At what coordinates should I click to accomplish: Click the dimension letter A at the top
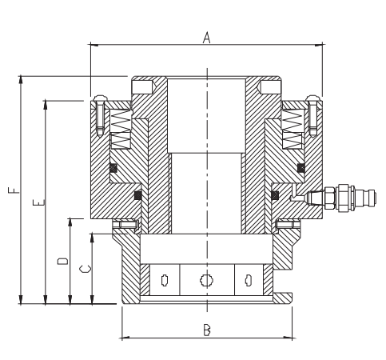(x=206, y=38)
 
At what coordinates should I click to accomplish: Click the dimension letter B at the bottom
(x=207, y=330)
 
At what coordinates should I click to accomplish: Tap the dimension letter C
(x=86, y=269)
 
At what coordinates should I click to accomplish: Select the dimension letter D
(x=63, y=261)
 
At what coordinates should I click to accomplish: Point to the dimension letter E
(x=39, y=202)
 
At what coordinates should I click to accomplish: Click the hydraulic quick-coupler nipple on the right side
(x=341, y=198)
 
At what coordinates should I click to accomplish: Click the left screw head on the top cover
(x=101, y=99)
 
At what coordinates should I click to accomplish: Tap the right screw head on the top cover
(x=312, y=99)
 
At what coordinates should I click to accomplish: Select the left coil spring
(x=121, y=129)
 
